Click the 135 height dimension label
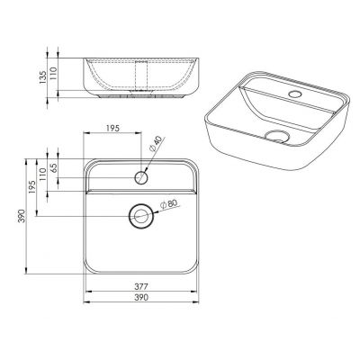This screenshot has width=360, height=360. click(42, 77)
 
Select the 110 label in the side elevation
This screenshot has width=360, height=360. click(53, 73)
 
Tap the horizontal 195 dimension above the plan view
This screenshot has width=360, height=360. click(112, 128)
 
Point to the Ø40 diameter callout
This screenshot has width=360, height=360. click(156, 144)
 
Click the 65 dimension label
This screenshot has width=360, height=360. click(54, 168)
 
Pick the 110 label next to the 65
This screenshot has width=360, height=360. click(42, 174)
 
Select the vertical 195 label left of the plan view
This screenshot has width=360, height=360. click(32, 186)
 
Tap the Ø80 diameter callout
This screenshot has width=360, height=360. click(169, 204)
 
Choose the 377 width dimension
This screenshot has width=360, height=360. click(141, 286)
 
